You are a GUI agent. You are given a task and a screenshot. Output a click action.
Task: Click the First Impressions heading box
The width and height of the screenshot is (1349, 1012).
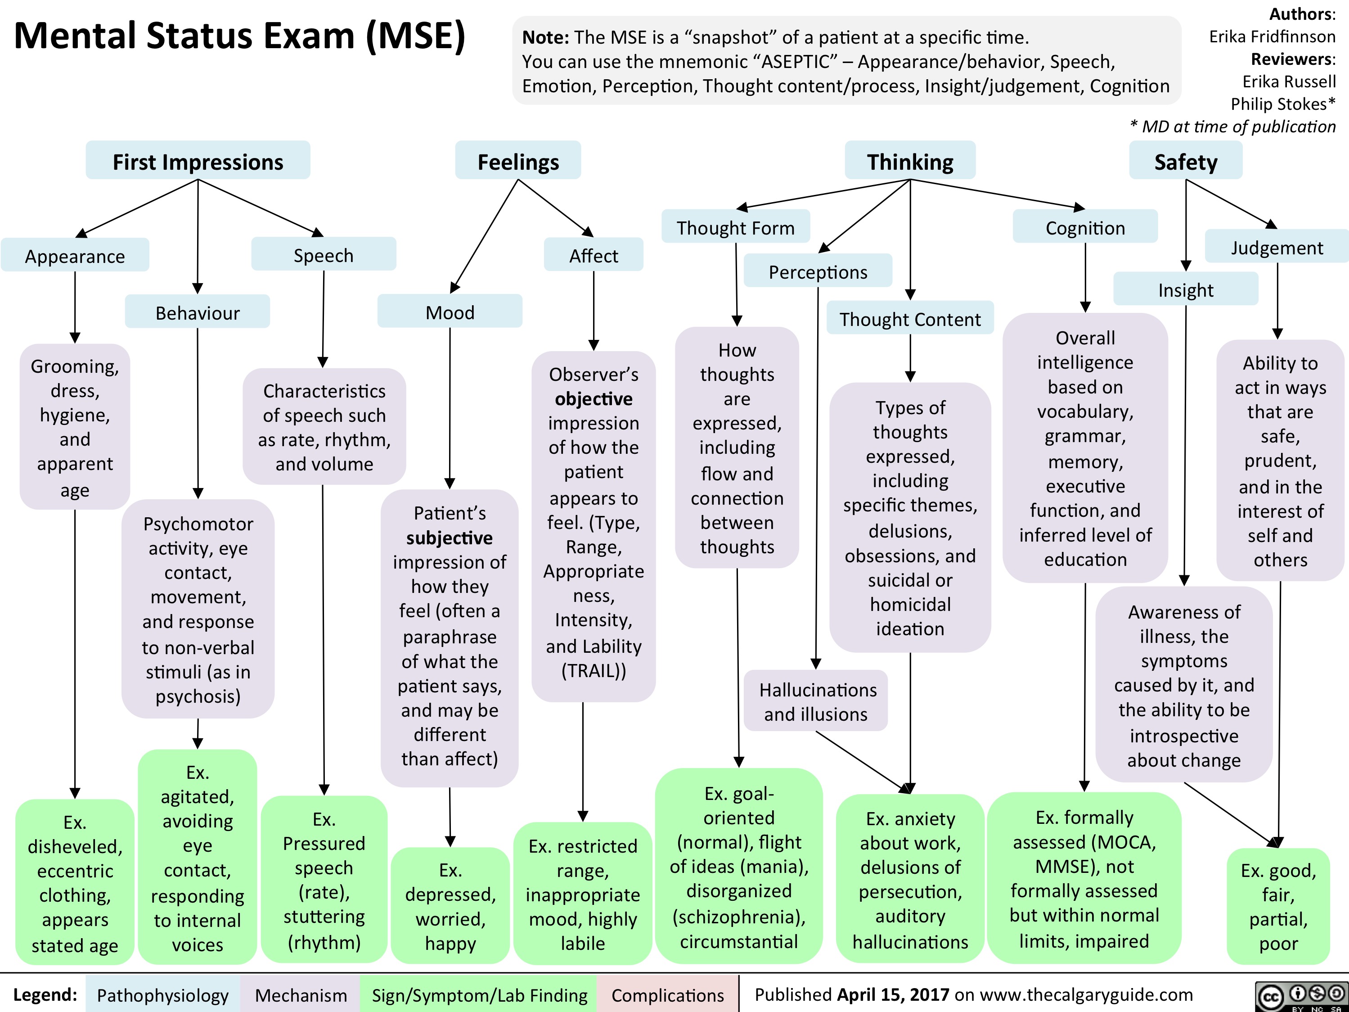click(x=198, y=161)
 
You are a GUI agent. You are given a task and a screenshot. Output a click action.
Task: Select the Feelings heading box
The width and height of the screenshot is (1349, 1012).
click(x=518, y=161)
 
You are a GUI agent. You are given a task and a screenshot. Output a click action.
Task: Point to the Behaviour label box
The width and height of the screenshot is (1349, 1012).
click(x=198, y=312)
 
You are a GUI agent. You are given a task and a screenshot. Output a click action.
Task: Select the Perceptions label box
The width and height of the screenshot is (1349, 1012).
click(x=818, y=271)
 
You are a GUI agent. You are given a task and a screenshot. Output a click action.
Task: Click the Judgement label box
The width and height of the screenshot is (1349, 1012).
click(x=1277, y=247)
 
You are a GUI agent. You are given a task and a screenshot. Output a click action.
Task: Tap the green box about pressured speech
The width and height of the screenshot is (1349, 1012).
click(x=324, y=880)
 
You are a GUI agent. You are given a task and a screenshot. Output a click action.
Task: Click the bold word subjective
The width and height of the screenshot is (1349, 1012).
click(x=450, y=538)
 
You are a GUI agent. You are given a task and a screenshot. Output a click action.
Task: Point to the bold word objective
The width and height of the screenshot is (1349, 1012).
click(x=594, y=398)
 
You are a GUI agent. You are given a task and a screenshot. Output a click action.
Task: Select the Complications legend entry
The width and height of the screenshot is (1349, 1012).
click(x=667, y=995)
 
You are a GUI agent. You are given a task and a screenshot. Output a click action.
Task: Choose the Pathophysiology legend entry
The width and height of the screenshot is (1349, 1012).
click(x=162, y=995)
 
